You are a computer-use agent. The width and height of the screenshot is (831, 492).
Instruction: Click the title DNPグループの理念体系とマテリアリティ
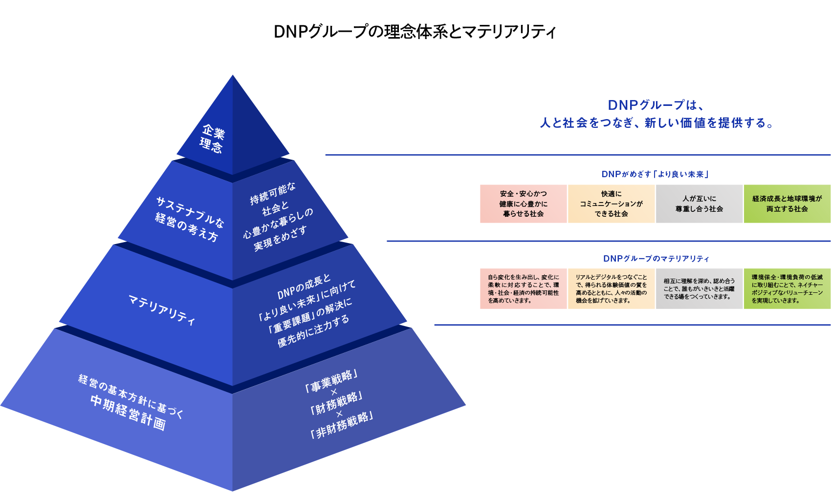click(x=415, y=32)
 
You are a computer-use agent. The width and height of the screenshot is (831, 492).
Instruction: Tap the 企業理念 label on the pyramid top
click(x=212, y=139)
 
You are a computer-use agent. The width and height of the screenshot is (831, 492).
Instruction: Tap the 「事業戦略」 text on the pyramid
click(x=331, y=381)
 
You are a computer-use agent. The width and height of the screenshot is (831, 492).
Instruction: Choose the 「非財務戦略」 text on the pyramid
click(x=342, y=425)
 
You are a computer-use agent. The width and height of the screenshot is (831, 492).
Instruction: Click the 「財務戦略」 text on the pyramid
click(x=336, y=403)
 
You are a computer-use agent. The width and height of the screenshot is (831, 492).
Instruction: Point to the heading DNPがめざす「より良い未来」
click(x=655, y=174)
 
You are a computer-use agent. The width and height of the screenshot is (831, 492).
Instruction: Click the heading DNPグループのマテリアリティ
click(x=656, y=259)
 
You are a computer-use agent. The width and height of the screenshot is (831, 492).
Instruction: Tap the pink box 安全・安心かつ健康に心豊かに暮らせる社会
click(x=523, y=204)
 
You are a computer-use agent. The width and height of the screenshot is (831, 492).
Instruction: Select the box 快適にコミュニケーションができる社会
click(x=611, y=204)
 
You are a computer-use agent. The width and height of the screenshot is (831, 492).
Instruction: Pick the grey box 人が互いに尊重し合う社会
click(x=699, y=204)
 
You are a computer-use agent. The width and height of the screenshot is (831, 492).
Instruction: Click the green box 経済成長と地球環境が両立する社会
click(x=787, y=204)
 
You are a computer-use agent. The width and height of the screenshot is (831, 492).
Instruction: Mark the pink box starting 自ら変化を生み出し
click(x=523, y=289)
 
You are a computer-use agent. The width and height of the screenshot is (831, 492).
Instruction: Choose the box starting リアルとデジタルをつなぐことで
click(x=611, y=289)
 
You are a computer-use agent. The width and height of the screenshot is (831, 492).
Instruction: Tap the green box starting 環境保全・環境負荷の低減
click(x=787, y=289)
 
